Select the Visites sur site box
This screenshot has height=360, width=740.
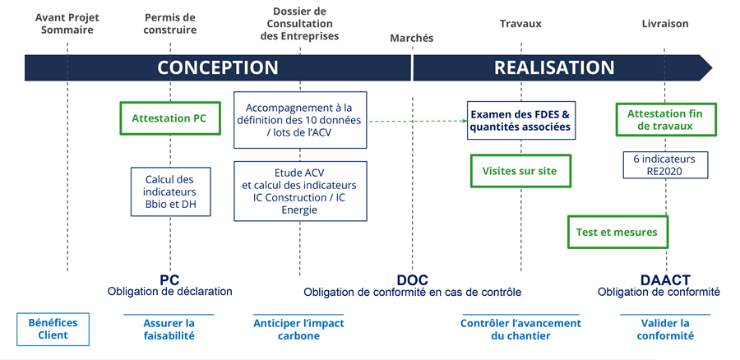pyautogui.click(x=520, y=172)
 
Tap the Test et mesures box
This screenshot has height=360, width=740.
pyautogui.click(x=617, y=233)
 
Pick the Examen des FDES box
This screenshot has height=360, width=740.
pyautogui.click(x=520, y=121)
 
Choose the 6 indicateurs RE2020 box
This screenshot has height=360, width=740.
pyautogui.click(x=664, y=164)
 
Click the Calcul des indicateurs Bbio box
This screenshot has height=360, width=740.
pyautogui.click(x=171, y=192)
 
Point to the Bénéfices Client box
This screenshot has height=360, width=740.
pyautogui.click(x=53, y=329)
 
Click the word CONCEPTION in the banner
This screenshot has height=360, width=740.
pyautogui.click(x=218, y=67)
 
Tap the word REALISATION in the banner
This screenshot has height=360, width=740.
pyautogui.click(x=554, y=67)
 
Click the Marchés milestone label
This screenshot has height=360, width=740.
pyautogui.click(x=411, y=38)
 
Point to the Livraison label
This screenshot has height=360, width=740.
pyautogui.click(x=664, y=24)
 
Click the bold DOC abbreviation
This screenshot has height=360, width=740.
pyautogui.click(x=411, y=279)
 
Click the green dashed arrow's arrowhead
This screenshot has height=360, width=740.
pyautogui.click(x=463, y=121)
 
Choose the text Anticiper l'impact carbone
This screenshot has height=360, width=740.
pyautogui.click(x=298, y=329)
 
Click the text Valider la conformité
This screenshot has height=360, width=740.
pyautogui.click(x=664, y=329)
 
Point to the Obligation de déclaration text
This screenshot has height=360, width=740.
pyautogui.click(x=170, y=292)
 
